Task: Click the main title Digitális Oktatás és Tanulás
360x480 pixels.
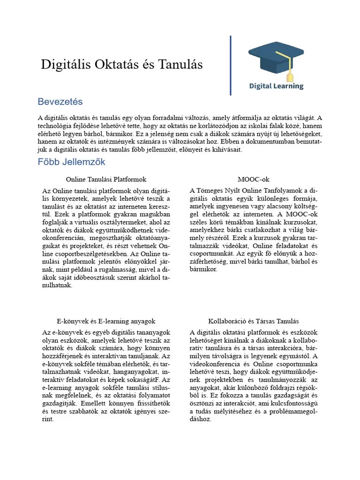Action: [122, 65]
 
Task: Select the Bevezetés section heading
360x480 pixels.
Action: [60, 102]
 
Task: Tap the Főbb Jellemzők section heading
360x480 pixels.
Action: [71, 162]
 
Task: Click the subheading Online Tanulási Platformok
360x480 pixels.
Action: [106, 180]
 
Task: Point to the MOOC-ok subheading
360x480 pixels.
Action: [254, 180]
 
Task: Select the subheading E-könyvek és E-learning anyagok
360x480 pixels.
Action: [106, 321]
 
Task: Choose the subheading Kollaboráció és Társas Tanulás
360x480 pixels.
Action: [254, 321]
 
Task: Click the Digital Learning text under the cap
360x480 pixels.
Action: [276, 86]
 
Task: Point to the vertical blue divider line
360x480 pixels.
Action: [231, 66]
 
